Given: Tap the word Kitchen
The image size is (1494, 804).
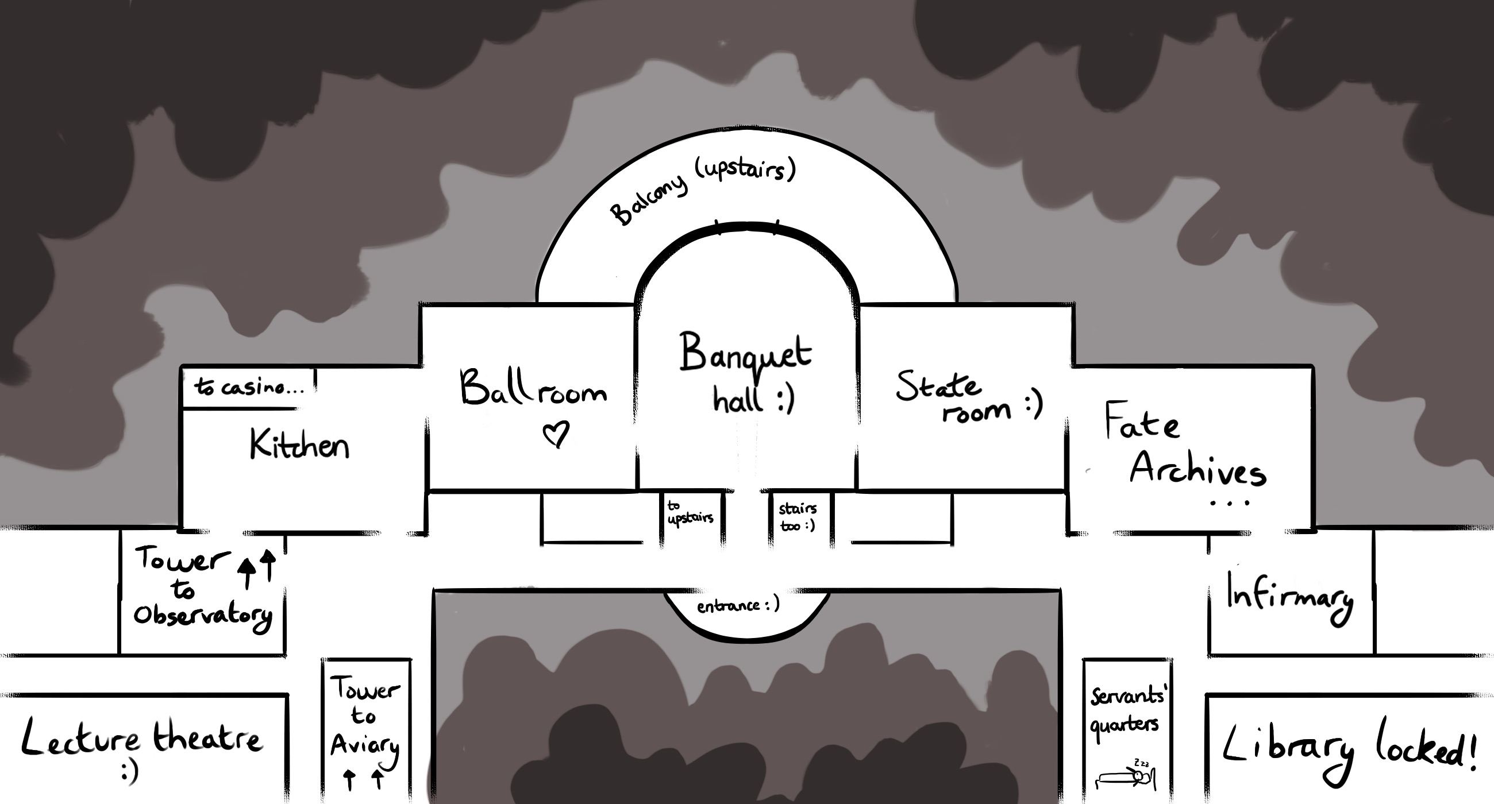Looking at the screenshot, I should click(299, 445).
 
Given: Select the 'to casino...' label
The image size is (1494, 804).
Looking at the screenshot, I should click(249, 386).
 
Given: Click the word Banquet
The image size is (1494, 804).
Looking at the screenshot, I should click(745, 354).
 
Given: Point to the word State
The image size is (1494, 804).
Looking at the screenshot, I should click(938, 386).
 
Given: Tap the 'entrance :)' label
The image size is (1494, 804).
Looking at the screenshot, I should click(738, 606).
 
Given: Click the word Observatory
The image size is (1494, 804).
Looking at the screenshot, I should click(202, 617).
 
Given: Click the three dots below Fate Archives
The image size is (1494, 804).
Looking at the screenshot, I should click(1230, 504).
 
